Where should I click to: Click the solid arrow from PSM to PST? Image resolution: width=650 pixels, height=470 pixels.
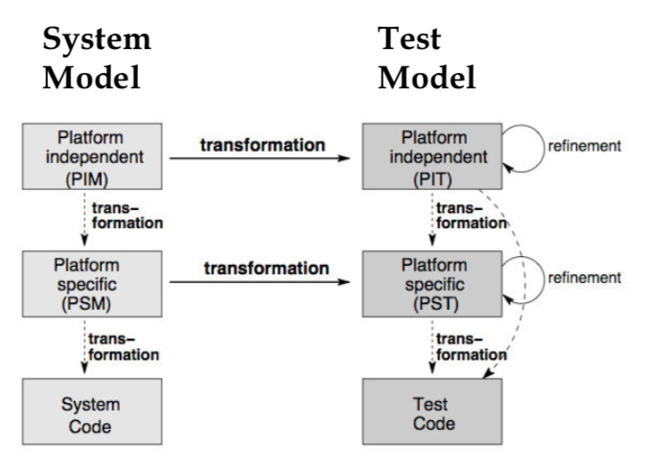coord(264,284)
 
